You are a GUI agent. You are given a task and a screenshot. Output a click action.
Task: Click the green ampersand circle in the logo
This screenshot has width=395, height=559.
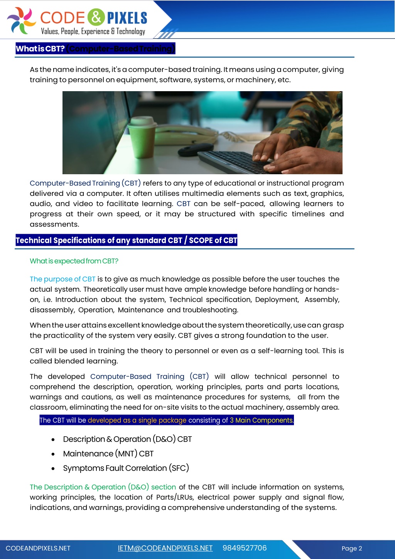[96, 17]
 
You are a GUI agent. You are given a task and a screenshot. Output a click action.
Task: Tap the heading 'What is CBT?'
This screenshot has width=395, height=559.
[40, 49]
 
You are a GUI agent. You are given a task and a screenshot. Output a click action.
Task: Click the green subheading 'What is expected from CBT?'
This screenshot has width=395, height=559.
[74, 261]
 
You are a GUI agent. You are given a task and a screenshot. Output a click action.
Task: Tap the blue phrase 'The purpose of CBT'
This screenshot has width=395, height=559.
[62, 279]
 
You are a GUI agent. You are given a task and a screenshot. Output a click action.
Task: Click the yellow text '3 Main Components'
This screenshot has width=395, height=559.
[261, 420]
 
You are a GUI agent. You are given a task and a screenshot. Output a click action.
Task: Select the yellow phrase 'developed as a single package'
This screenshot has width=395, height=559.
[137, 420]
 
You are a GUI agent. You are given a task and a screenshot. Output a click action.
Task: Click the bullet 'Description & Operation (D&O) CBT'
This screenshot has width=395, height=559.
[127, 439]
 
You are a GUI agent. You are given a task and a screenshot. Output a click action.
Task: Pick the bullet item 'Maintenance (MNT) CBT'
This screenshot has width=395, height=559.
[108, 454]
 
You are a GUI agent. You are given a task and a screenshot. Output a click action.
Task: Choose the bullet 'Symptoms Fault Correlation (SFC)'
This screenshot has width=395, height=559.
[126, 468]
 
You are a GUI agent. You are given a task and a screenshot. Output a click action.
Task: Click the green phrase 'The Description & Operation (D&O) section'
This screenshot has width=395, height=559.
[103, 487]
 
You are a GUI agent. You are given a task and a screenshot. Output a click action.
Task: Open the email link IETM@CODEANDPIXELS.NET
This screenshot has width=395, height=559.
[165, 548]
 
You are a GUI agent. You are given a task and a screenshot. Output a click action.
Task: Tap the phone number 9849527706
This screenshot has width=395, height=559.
[245, 548]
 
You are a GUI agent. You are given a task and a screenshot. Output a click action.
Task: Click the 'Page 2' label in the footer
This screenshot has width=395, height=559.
[351, 549]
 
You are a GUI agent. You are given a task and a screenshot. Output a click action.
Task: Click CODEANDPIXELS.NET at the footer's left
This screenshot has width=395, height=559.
[38, 549]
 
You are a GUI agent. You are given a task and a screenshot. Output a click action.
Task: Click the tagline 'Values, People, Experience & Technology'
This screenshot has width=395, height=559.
[93, 32]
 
